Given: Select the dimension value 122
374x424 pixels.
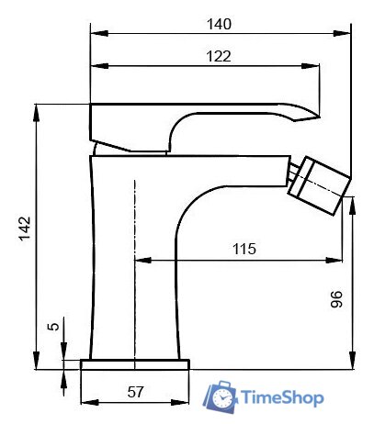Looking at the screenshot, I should coord(217,55).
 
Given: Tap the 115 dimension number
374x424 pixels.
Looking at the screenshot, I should coord(243,249).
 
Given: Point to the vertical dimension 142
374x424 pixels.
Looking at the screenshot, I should coord(25,229).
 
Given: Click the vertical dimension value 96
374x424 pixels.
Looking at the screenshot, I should coord(336,299).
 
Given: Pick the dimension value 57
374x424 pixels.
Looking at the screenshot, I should coord(135,392).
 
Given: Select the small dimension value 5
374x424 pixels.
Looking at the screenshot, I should coord(53,327).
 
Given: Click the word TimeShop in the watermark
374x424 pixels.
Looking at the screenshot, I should coord(281,398).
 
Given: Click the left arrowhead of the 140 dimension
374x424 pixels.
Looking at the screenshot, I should coord(95,35).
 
